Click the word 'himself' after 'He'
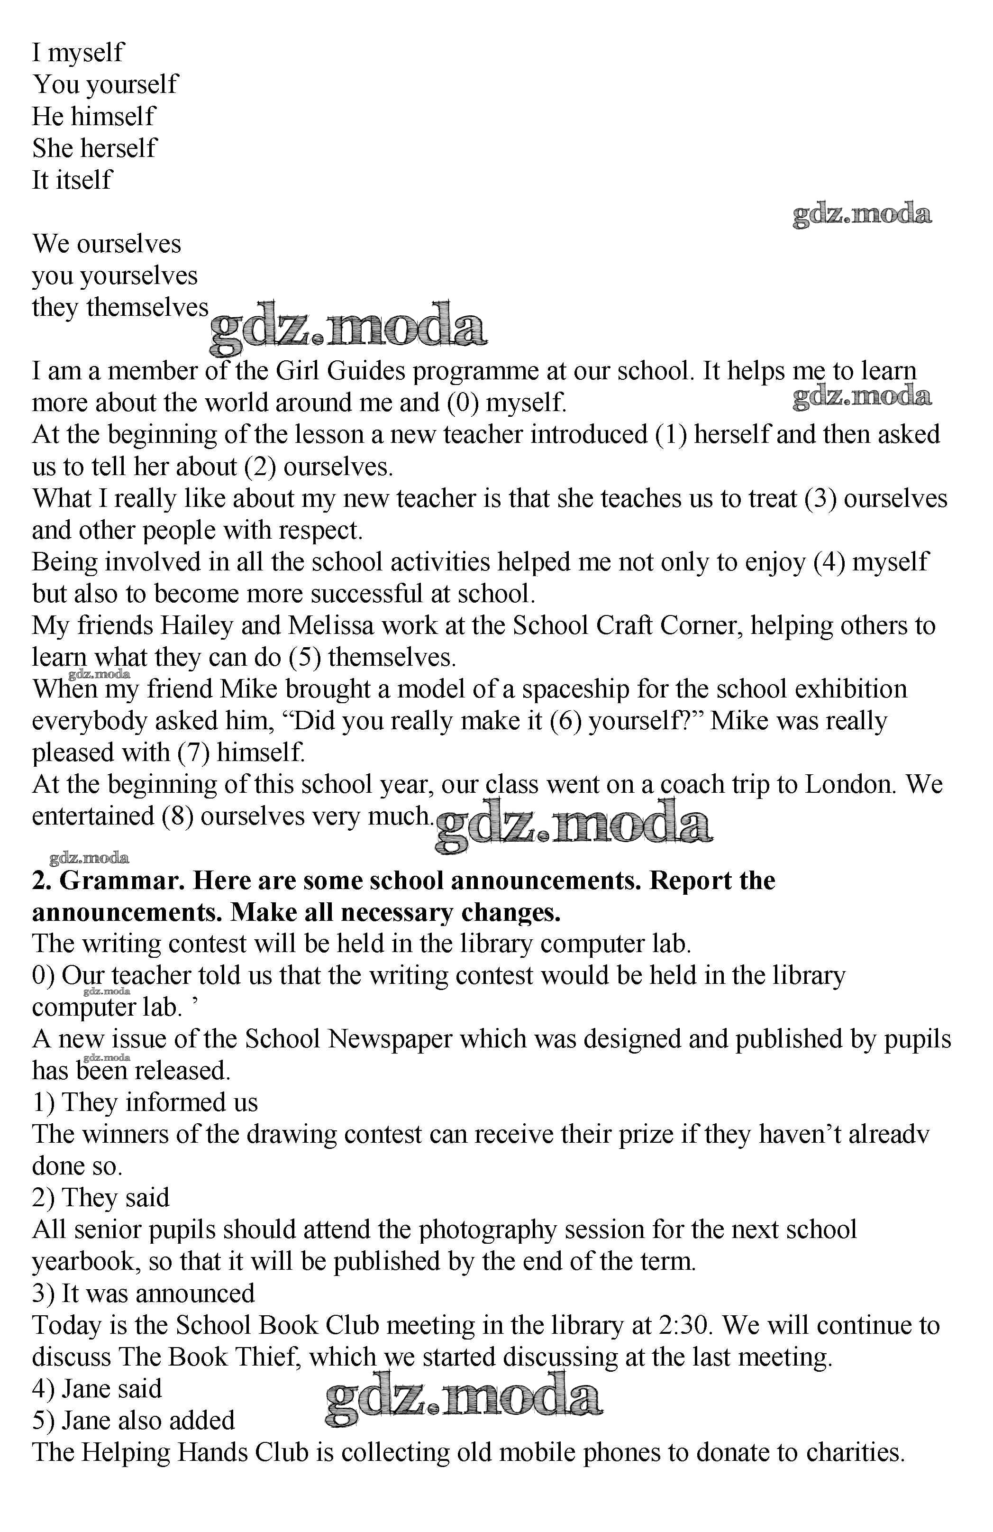click(113, 117)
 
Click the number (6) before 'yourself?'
click(565, 721)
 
